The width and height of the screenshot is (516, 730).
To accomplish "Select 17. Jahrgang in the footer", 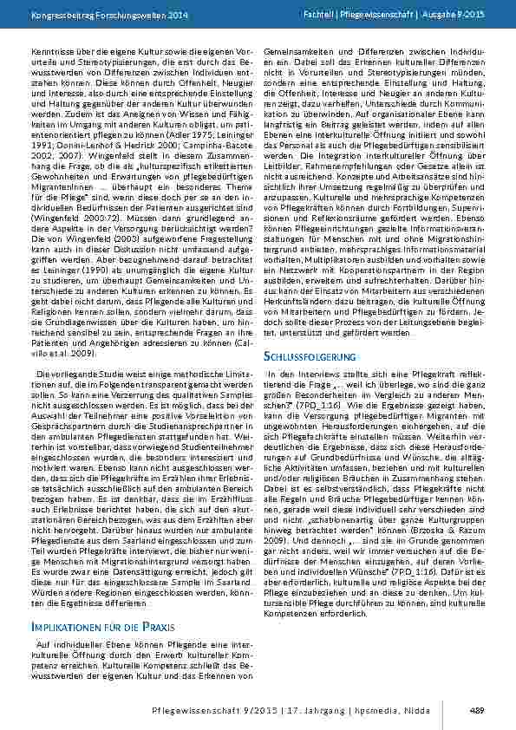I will [334, 709].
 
